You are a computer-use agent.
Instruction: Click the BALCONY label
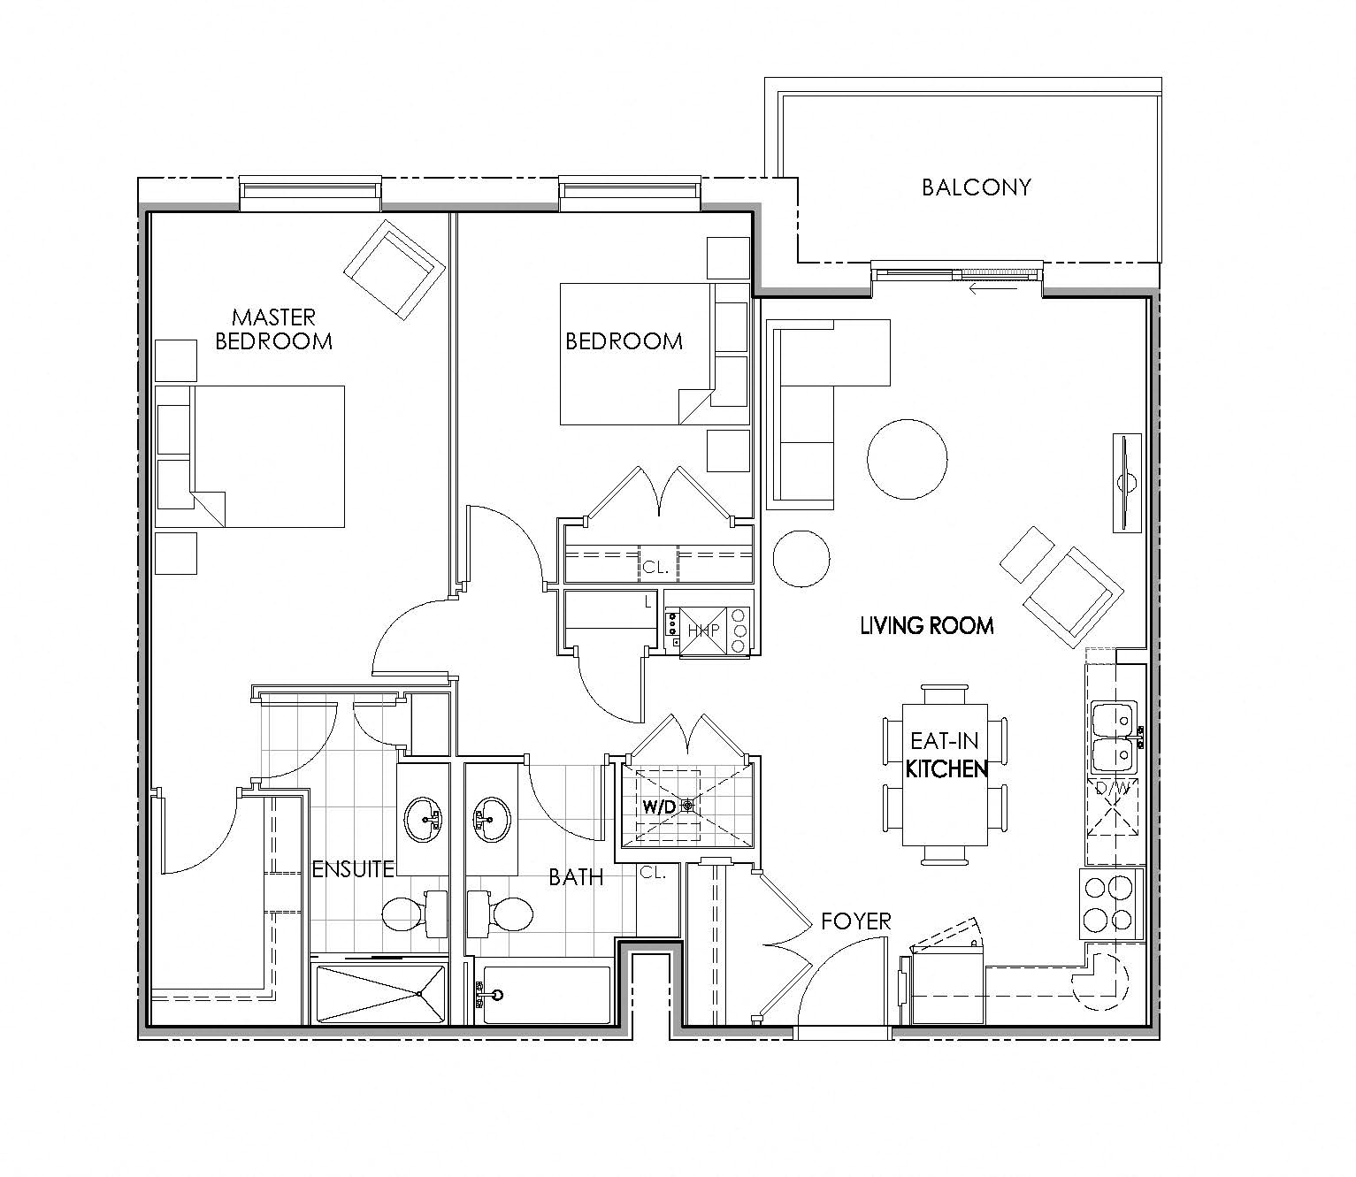(976, 187)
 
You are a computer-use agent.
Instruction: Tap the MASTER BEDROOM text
(273, 329)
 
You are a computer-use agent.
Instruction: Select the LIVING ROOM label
(926, 626)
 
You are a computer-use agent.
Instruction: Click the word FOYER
(855, 921)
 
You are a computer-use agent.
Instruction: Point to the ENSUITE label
(353, 869)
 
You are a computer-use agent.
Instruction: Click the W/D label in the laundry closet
(658, 806)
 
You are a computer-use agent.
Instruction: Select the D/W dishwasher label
(1111, 787)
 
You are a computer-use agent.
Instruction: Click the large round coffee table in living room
(907, 460)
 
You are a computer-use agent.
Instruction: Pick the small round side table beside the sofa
(801, 559)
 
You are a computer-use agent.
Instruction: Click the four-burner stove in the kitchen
(1110, 904)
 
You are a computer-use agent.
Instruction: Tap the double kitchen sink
(1113, 736)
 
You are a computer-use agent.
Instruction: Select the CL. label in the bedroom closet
(655, 568)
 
